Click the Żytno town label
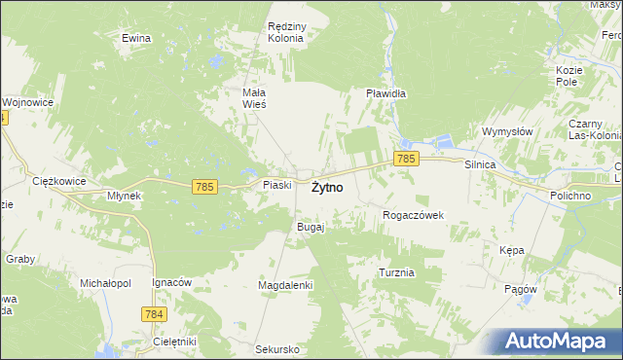click(x=326, y=189)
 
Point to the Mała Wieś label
click(x=254, y=97)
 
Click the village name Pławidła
click(x=385, y=94)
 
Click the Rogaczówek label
click(x=414, y=215)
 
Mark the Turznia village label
click(x=397, y=272)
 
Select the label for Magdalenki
click(x=284, y=284)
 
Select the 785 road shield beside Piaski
click(x=204, y=186)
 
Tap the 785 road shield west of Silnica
click(x=406, y=158)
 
